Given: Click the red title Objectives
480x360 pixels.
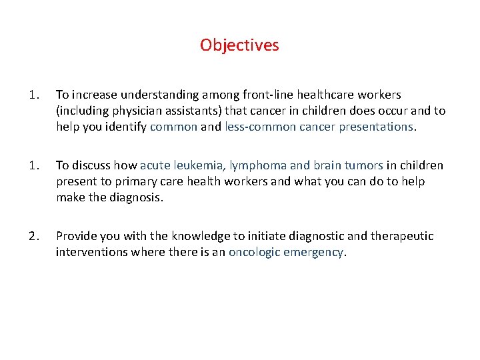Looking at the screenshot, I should pyautogui.click(x=239, y=45).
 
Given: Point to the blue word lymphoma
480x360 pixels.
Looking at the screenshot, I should pyautogui.click(x=256, y=165).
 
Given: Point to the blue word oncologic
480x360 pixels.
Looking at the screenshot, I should pyautogui.click(x=253, y=252).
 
